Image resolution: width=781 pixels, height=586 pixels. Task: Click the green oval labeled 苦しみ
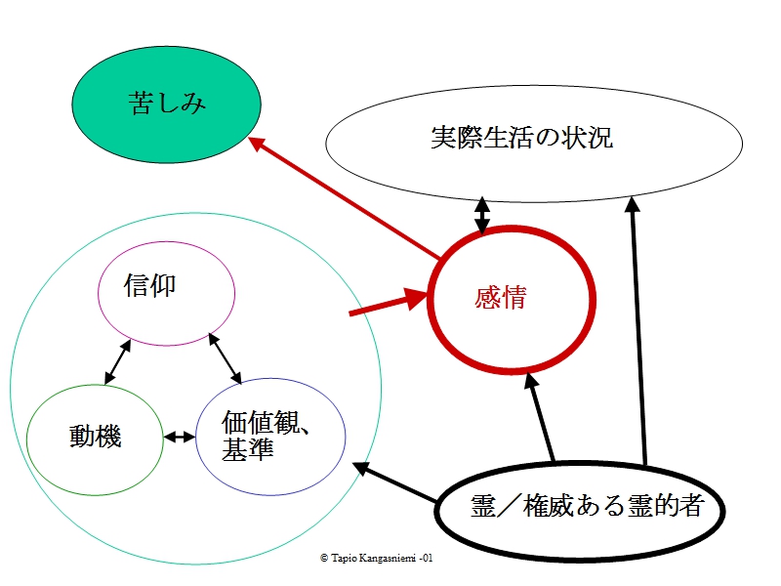166,105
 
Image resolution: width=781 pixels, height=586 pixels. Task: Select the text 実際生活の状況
521,138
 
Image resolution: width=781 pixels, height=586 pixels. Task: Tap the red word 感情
501,298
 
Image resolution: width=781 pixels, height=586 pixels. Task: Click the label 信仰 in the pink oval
150,285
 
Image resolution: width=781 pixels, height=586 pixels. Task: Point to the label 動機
95,437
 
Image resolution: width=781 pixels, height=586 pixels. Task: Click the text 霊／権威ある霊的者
587,506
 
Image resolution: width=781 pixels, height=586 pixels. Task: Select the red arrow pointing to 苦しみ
345,198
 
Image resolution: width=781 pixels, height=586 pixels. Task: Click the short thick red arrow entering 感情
389,302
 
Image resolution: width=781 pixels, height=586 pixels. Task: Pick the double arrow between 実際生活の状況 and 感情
481,215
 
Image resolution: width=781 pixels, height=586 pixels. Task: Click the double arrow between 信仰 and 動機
117,361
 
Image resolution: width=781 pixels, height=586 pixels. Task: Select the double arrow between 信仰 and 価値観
226,358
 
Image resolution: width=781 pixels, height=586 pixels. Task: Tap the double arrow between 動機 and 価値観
180,438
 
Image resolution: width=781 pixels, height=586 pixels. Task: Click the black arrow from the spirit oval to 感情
540,417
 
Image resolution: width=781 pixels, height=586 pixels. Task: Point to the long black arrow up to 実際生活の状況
638,331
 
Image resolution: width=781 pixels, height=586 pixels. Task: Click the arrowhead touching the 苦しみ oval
256,144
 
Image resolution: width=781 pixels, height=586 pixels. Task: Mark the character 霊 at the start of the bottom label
483,506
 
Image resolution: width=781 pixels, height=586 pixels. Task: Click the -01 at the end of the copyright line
426,558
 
